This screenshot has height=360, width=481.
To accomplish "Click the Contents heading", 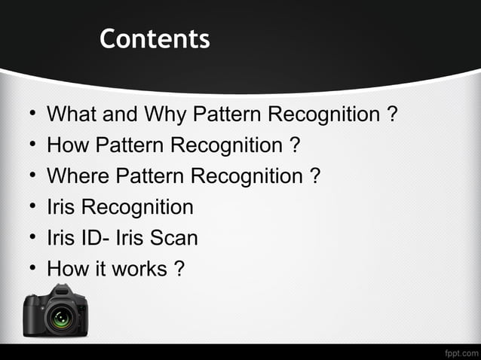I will tap(155, 38).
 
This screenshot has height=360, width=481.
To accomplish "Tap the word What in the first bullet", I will tap(69, 115).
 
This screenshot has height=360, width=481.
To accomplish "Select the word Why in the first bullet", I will tap(164, 115).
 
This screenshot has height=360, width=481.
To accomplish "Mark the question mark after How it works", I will tap(179, 269).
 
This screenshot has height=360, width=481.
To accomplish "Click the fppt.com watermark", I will tap(461, 352).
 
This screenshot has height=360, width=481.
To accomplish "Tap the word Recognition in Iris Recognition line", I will tap(137, 207).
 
